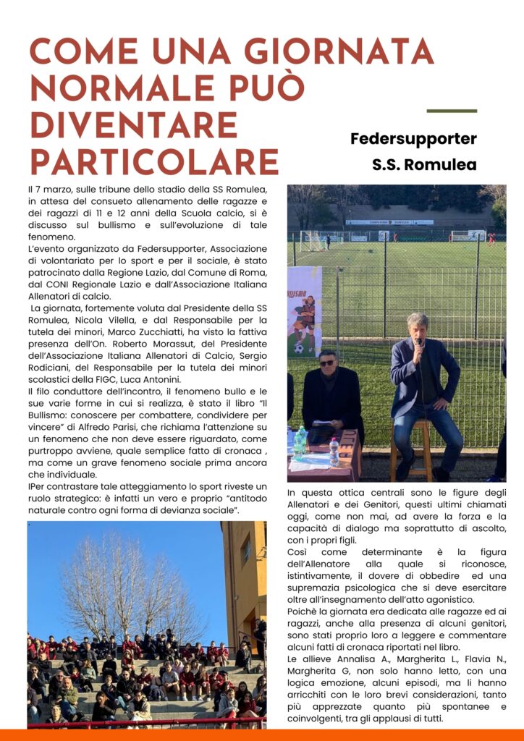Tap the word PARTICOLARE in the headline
point(153,161)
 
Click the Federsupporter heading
point(413,138)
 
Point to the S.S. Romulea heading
point(424,164)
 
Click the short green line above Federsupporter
point(452,111)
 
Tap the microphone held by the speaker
point(418,343)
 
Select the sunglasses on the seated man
point(327,363)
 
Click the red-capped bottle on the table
point(334,452)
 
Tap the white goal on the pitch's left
point(313,240)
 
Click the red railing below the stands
point(145,722)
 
